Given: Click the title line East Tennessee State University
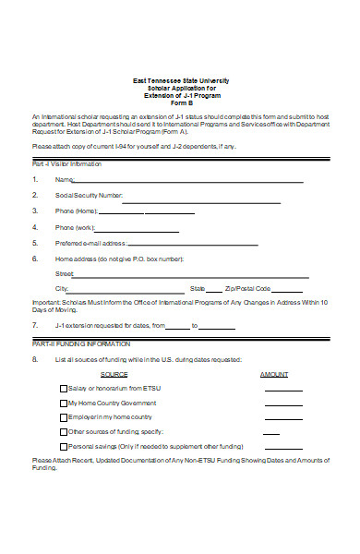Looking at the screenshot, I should (x=180, y=81).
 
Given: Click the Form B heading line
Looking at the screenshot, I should (x=180, y=102).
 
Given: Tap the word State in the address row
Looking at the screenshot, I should (x=198, y=289).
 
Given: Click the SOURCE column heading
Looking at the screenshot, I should (x=114, y=374).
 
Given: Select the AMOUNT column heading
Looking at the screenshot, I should (x=274, y=374).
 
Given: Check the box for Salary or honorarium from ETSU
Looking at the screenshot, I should (x=63, y=389).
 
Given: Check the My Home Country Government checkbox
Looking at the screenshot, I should (x=63, y=403).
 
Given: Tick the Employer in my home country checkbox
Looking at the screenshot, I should (x=63, y=417).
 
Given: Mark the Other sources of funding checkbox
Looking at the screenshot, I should (x=63, y=431).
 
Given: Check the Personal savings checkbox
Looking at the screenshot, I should (x=63, y=446).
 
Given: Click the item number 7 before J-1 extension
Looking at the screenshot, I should (x=34, y=326).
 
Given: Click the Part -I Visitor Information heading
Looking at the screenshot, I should (x=72, y=163).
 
